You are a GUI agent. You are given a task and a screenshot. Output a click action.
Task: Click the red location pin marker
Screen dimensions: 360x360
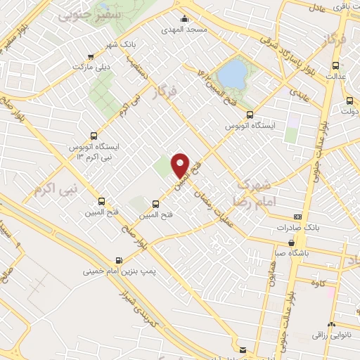pyautogui.click(x=181, y=165)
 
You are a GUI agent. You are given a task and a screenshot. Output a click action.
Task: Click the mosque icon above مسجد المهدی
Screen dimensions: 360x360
pyautogui.click(x=185, y=19)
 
